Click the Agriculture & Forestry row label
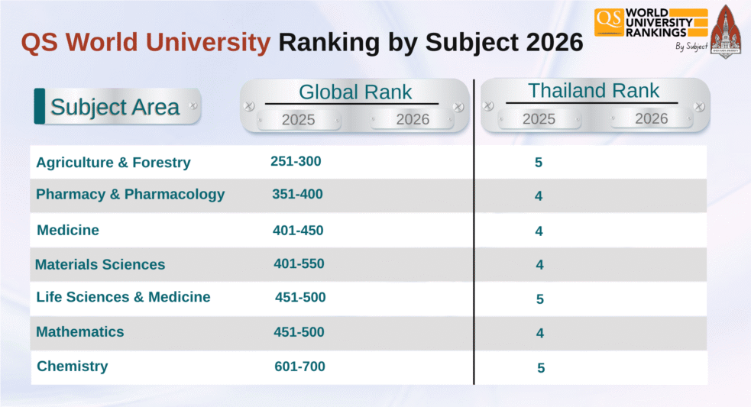pyautogui.click(x=113, y=163)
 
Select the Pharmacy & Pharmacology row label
pyautogui.click(x=130, y=195)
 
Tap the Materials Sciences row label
pyautogui.click(x=100, y=265)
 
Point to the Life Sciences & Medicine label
pyautogui.click(x=123, y=297)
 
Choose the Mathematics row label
pyautogui.click(x=79, y=332)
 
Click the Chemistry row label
pyautogui.click(x=73, y=367)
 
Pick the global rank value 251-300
pyautogui.click(x=296, y=162)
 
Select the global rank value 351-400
pyautogui.click(x=297, y=195)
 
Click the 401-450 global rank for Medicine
pyautogui.click(x=298, y=231)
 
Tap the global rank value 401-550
pyautogui.click(x=299, y=264)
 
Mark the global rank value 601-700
pyautogui.click(x=299, y=367)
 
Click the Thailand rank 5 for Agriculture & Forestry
pyautogui.click(x=539, y=163)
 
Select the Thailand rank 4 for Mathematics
pyautogui.click(x=539, y=334)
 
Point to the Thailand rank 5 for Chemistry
pyautogui.click(x=541, y=368)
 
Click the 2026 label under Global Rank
pyautogui.click(x=413, y=119)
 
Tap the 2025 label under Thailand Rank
pyautogui.click(x=539, y=119)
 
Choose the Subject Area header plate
pyautogui.click(x=115, y=107)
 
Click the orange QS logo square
pyautogui.click(x=608, y=22)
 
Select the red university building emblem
pyautogui.click(x=725, y=32)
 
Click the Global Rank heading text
pyautogui.click(x=354, y=92)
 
